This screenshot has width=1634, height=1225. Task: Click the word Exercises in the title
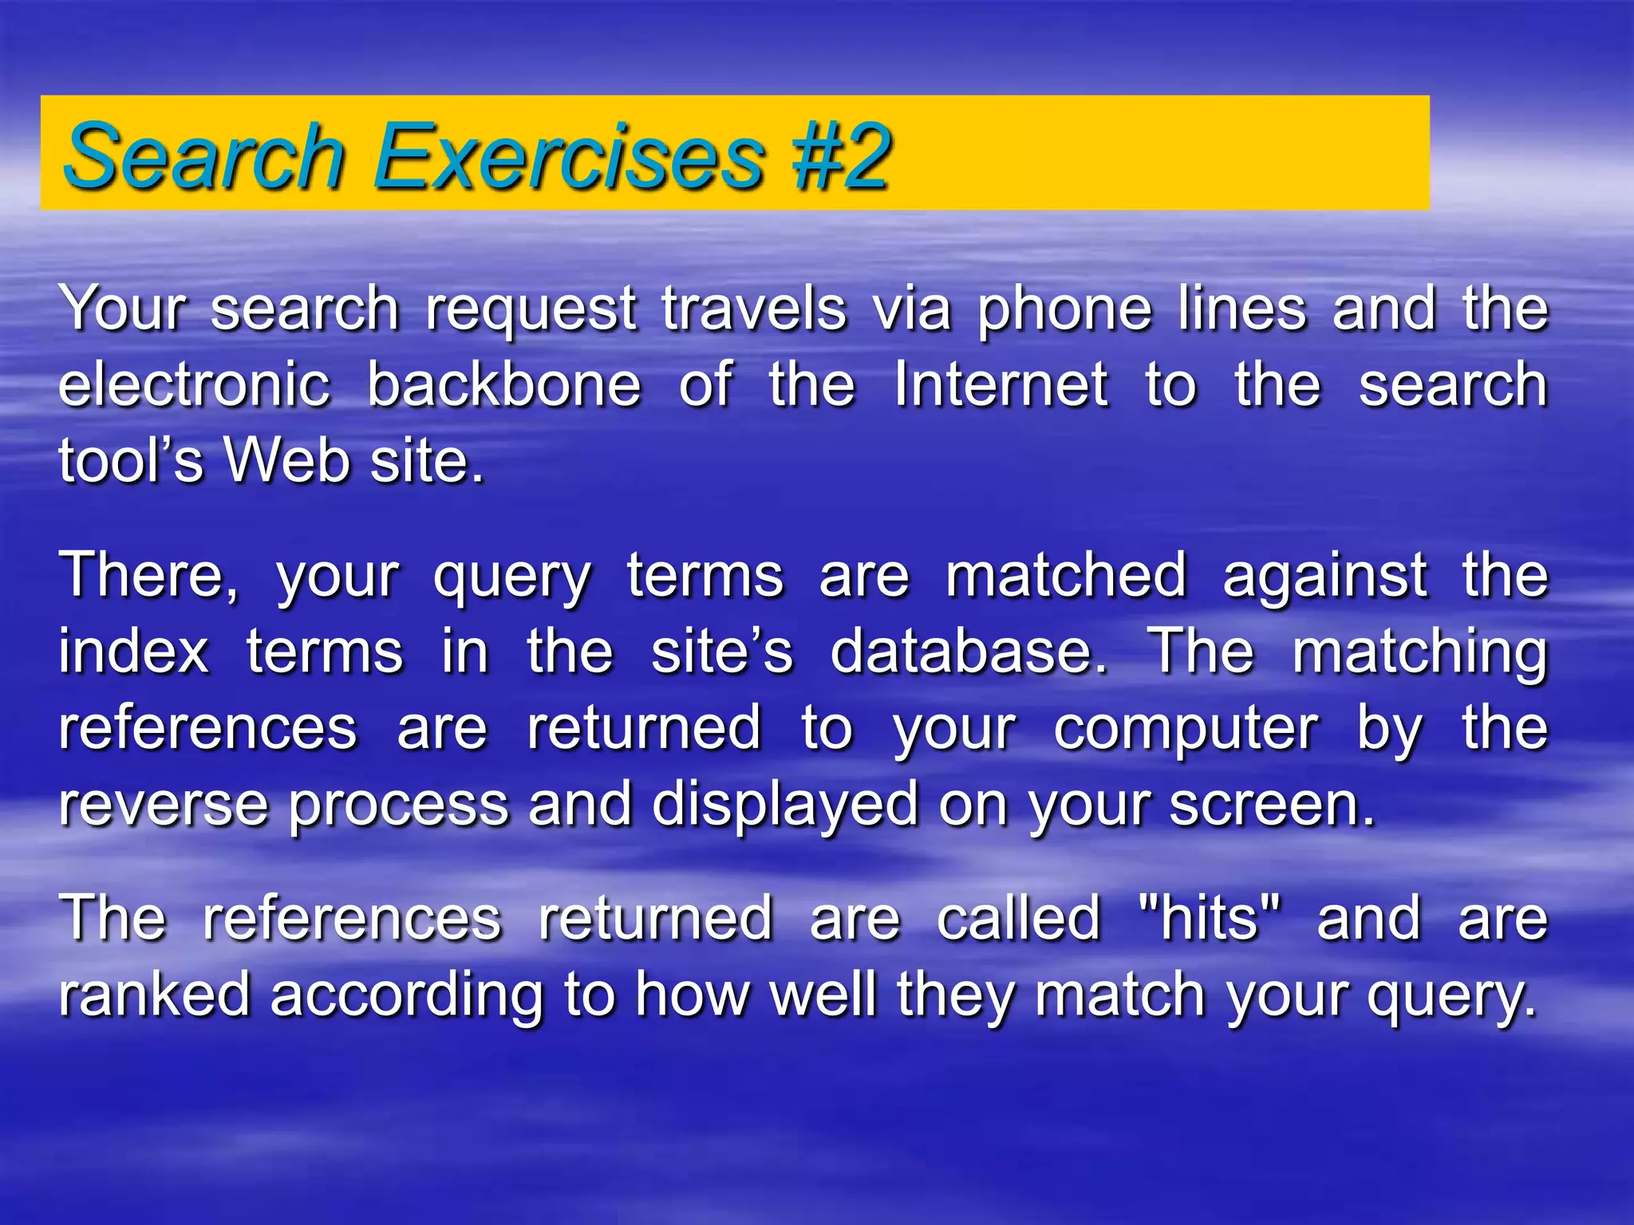(x=569, y=156)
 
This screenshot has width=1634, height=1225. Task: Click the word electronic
(x=194, y=384)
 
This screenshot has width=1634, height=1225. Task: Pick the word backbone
(x=503, y=384)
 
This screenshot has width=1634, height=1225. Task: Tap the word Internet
(x=1001, y=384)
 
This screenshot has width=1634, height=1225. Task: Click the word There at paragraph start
(x=148, y=575)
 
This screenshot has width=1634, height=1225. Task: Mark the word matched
(x=1066, y=575)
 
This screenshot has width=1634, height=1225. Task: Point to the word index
(x=133, y=652)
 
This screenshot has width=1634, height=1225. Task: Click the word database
(x=968, y=652)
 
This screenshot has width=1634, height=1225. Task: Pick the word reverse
(x=163, y=805)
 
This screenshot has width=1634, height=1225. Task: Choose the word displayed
(x=785, y=806)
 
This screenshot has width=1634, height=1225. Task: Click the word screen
(x=1272, y=805)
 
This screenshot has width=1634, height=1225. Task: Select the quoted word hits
(x=1210, y=919)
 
